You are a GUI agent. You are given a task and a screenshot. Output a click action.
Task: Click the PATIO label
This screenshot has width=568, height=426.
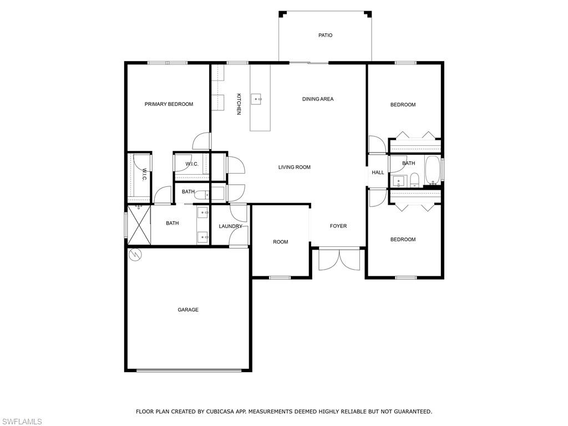[x=325, y=35]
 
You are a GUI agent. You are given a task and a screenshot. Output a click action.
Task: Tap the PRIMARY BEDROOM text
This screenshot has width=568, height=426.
[x=169, y=104]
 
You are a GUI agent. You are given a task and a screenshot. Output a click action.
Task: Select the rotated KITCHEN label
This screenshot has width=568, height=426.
[x=239, y=104]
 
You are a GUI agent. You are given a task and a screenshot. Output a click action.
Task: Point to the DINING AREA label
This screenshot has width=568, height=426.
[x=318, y=99]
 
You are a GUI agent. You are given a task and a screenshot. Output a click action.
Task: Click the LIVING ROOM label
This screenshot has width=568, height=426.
[x=294, y=168]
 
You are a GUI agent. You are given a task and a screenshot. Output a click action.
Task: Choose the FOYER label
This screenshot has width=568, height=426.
[x=338, y=226]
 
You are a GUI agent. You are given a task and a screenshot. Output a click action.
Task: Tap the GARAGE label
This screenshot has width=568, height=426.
[x=188, y=310]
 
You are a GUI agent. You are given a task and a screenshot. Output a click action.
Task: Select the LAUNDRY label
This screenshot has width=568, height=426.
[x=230, y=226]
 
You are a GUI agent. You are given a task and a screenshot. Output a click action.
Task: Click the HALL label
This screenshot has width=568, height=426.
[x=378, y=173]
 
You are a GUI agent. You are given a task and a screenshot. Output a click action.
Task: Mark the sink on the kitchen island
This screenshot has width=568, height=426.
[x=257, y=99]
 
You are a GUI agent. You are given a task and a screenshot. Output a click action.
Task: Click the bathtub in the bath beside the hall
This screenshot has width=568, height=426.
[x=432, y=170]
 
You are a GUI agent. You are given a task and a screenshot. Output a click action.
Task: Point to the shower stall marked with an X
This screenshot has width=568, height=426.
[x=139, y=225]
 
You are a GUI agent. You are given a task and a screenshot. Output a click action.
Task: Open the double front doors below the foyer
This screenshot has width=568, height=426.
[x=338, y=260]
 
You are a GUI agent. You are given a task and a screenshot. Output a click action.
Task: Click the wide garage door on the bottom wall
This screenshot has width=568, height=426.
[x=189, y=371]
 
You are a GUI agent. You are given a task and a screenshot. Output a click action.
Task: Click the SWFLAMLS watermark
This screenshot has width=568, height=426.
[x=22, y=422]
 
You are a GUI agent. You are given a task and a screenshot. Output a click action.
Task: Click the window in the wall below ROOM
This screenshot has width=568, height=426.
[x=280, y=277]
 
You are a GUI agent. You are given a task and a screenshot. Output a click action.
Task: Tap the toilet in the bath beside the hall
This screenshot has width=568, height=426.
[x=414, y=179]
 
